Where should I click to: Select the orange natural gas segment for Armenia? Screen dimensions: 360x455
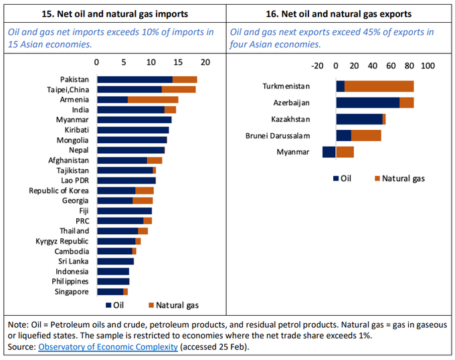tap(153, 100)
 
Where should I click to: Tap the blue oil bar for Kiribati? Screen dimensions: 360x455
tap(132, 130)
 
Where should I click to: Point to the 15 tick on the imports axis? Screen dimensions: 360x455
tap(178, 62)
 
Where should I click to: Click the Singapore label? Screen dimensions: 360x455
tap(71, 292)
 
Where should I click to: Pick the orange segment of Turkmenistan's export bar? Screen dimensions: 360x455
tap(379, 86)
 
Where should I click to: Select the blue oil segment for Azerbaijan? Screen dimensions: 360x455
tap(367, 103)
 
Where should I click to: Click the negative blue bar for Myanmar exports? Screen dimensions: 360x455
tap(329, 152)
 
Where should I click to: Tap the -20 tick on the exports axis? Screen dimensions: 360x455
tap(318, 66)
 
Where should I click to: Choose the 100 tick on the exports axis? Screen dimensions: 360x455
tap(428, 66)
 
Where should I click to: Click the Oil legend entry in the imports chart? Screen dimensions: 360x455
tap(115, 306)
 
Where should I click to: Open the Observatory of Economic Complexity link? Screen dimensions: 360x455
tap(108, 347)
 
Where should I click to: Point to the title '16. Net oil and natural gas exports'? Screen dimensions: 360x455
tap(340, 13)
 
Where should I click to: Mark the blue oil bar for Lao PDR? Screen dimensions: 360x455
tap(126, 181)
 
